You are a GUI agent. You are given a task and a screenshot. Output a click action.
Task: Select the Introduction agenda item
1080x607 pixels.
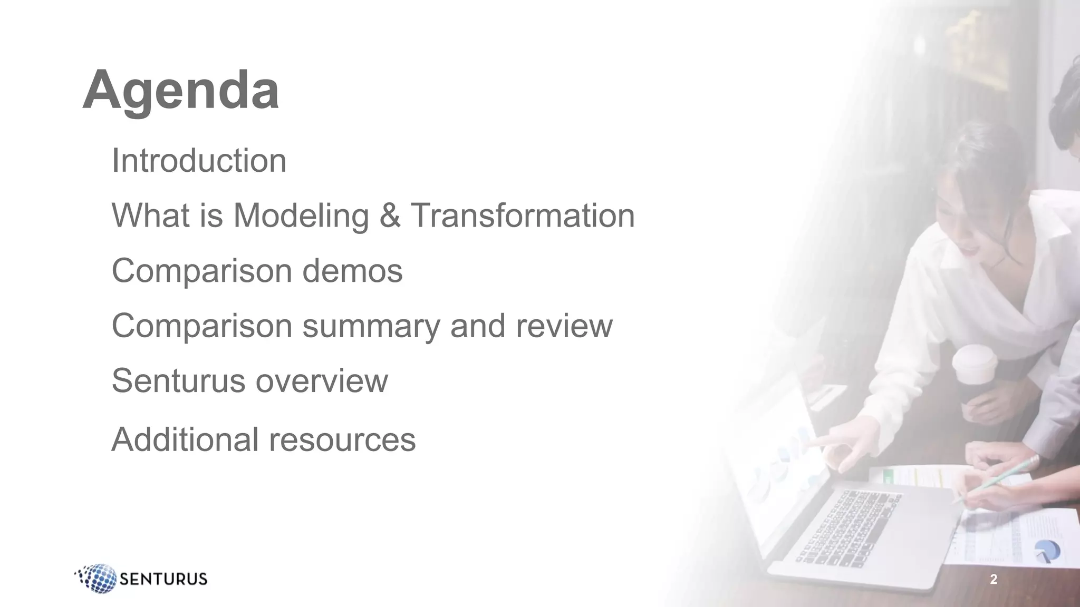tap(199, 160)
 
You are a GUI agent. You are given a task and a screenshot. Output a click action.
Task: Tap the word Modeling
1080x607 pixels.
tap(301, 216)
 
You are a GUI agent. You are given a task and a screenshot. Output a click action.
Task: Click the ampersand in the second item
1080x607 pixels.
tap(390, 216)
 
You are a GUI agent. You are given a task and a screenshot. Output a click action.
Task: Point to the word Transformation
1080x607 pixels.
tap(523, 216)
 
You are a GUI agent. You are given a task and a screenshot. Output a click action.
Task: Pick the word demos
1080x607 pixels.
tap(352, 271)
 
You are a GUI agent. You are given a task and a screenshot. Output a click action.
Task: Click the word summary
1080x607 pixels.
tap(371, 326)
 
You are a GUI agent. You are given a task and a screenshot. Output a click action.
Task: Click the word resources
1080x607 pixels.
tap(342, 439)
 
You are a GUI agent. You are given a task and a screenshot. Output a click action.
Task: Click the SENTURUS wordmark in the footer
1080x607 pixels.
tap(163, 579)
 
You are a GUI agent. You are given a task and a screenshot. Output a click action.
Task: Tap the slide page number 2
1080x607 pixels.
tap(994, 580)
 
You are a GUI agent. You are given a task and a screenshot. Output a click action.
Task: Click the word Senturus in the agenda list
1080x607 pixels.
tap(178, 380)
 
